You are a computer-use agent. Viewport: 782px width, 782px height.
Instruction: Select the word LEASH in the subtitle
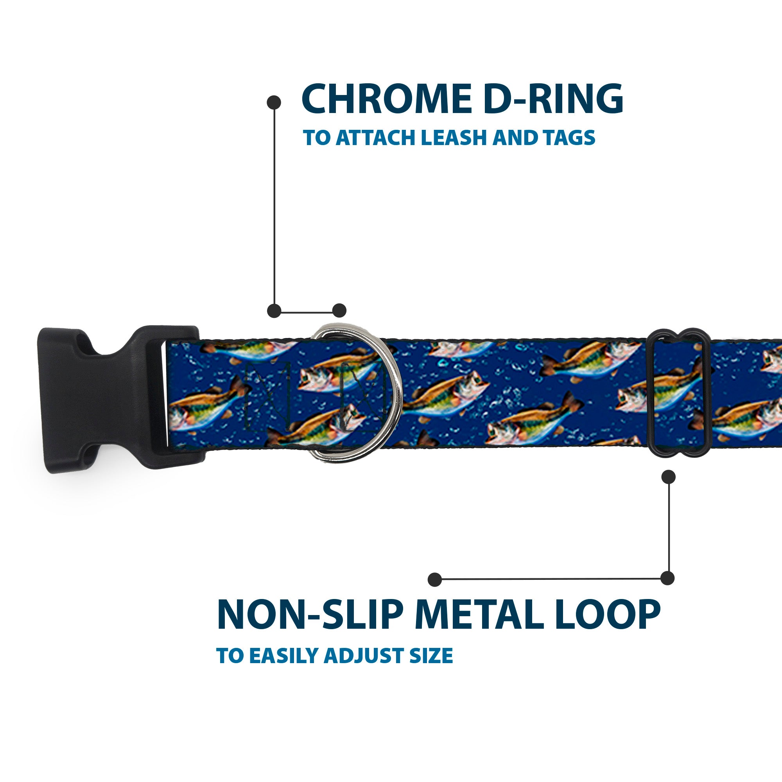pos(454,138)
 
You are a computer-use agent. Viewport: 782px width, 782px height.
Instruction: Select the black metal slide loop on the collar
pos(680,395)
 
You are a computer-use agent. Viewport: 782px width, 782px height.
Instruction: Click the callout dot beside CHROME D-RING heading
pos(274,102)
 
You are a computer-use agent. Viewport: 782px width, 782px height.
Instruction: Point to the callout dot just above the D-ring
pos(339,311)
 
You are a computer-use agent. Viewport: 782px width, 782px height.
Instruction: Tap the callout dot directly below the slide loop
pos(668,477)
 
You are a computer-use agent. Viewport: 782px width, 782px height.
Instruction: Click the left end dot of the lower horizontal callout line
pos(435,579)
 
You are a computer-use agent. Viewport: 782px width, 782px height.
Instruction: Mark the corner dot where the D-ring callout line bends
pos(274,311)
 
